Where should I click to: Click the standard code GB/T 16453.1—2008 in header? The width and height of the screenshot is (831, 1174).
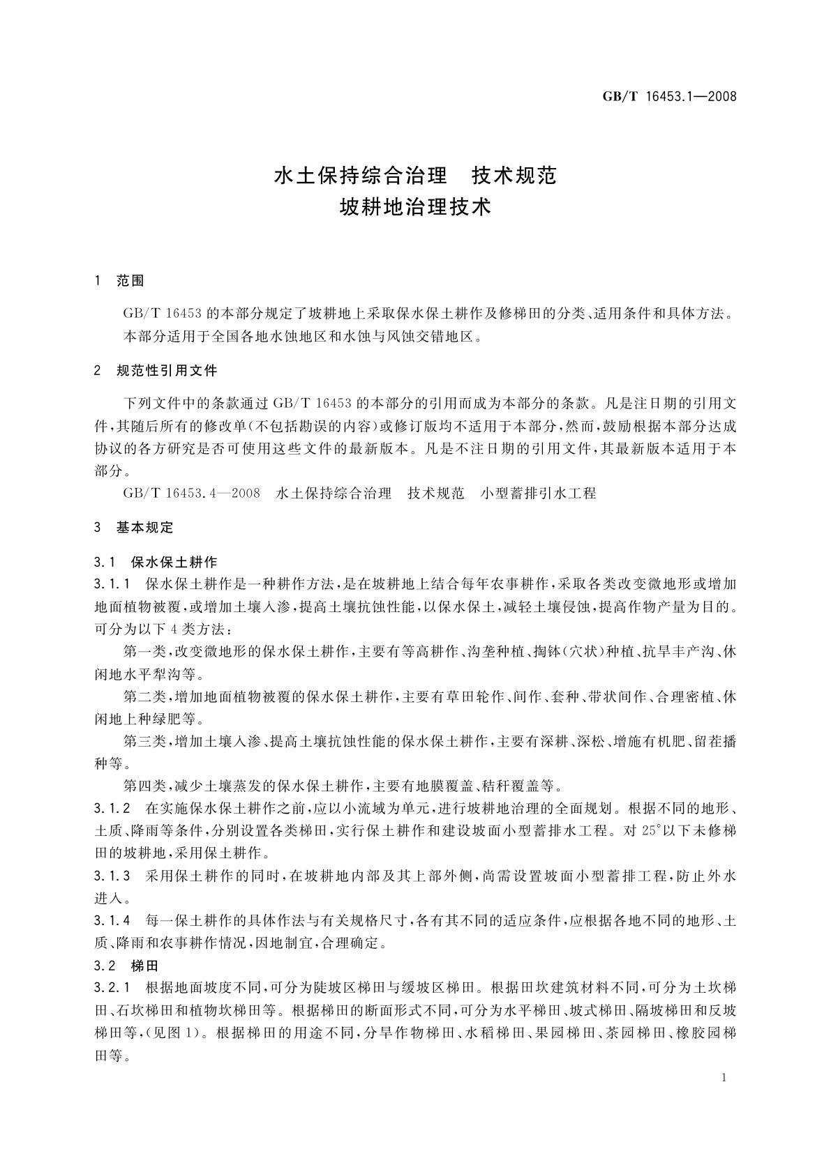[669, 96]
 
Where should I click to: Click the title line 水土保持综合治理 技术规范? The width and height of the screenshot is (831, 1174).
[416, 176]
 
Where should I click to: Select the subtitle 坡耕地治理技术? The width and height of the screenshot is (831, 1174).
[416, 207]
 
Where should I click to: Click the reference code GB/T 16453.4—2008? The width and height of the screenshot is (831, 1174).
[191, 494]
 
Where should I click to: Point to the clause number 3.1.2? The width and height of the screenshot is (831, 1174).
[112, 809]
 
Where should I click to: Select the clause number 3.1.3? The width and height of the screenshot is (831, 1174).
[112, 876]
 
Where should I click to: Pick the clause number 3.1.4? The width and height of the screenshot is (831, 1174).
[112, 922]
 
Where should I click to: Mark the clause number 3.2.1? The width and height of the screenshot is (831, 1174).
[112, 988]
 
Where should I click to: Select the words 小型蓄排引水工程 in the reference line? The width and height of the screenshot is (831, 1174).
[539, 494]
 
